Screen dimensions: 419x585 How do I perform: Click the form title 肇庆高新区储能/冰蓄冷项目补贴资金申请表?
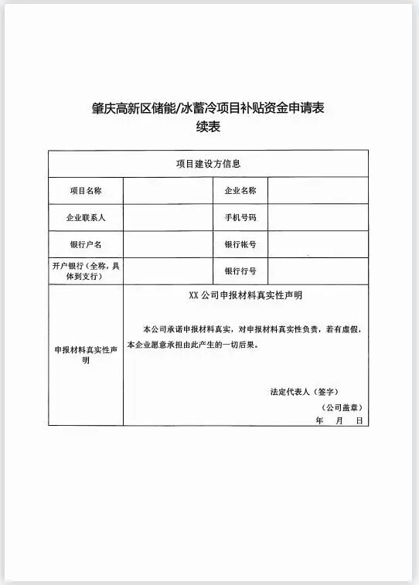point(209,109)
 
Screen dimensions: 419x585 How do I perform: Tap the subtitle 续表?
point(209,128)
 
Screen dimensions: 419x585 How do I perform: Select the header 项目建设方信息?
point(208,163)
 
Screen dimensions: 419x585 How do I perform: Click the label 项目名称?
point(86,190)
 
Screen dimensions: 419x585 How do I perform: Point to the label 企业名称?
point(240,190)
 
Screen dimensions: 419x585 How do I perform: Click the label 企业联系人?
point(86,217)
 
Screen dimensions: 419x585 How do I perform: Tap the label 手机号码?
point(240,217)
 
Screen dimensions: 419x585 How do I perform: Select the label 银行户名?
point(86,244)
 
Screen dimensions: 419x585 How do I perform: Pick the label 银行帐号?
point(240,244)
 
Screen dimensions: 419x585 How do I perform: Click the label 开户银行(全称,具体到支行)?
point(86,270)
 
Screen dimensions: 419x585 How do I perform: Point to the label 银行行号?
point(240,271)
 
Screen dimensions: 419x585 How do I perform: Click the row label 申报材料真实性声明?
point(86,355)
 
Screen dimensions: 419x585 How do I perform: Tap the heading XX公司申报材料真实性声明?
point(245,295)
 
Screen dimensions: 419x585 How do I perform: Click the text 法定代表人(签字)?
point(305,391)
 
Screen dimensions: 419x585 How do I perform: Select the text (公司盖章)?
point(342,406)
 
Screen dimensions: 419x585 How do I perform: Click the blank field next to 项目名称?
point(168,190)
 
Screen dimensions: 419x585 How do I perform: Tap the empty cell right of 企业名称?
point(318,190)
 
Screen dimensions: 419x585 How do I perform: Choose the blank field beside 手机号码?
point(318,217)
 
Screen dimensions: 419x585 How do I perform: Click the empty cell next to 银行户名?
point(168,244)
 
